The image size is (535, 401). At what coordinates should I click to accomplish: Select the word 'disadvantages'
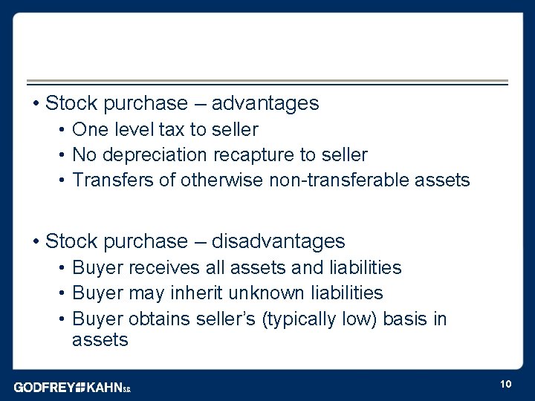pyautogui.click(x=279, y=241)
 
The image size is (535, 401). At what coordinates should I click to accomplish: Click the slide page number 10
pyautogui.click(x=505, y=384)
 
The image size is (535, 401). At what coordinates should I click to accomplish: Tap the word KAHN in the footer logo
pyautogui.click(x=106, y=387)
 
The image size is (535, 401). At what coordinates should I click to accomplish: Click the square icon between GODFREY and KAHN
pyautogui.click(x=82, y=387)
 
